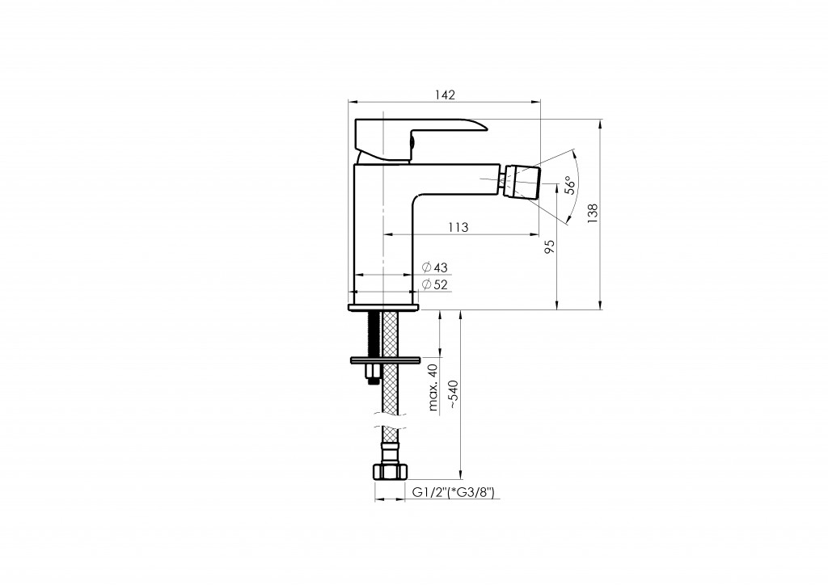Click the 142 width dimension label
pyautogui.click(x=445, y=95)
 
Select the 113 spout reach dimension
pyautogui.click(x=458, y=227)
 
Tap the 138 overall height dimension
pyautogui.click(x=593, y=214)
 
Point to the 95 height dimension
pyautogui.click(x=550, y=247)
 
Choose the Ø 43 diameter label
pyautogui.click(x=435, y=267)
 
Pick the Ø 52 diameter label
pyautogui.click(x=435, y=285)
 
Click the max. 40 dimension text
pyautogui.click(x=433, y=387)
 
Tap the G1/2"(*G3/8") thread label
pyautogui.click(x=453, y=493)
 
